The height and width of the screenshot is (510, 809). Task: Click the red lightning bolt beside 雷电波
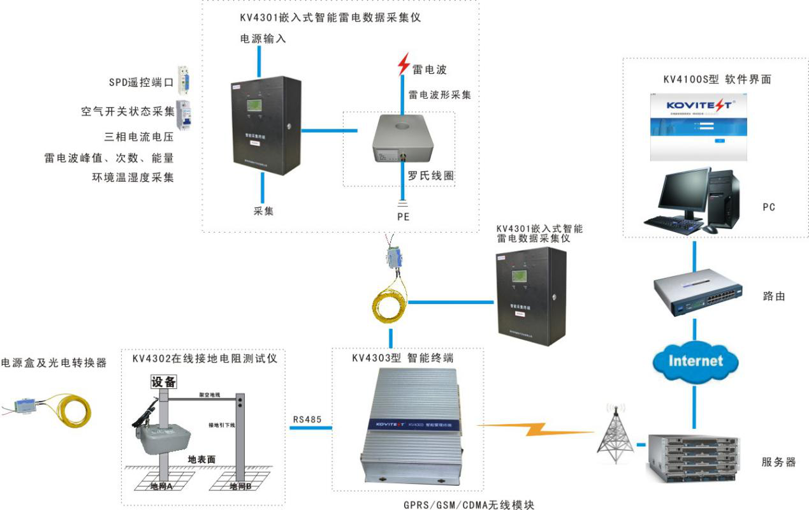point(403,64)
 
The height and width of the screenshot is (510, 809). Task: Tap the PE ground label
point(403,217)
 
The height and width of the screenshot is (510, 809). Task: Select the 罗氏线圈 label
point(431,175)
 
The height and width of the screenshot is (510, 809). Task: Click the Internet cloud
point(695,361)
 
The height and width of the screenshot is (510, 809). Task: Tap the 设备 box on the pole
point(163,382)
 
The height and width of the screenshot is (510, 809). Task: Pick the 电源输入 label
point(262,38)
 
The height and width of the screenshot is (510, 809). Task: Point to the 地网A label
point(161,486)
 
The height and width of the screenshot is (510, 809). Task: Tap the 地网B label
point(240,486)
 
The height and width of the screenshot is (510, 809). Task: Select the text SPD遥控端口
point(141,82)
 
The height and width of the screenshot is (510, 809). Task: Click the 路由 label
point(774,296)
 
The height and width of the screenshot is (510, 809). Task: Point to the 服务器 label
point(778,462)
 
